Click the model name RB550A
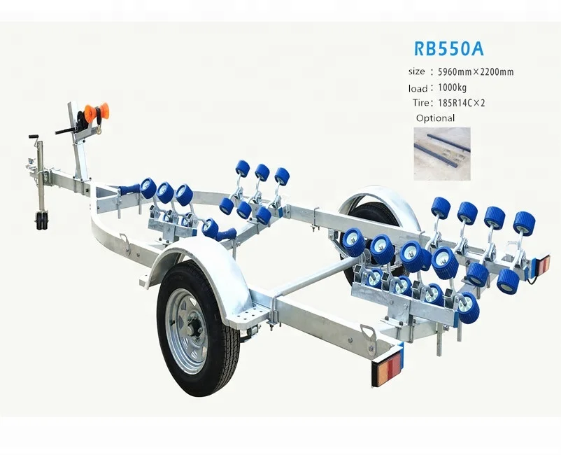pos(448,49)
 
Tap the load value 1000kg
pos(453,88)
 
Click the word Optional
pos(435,118)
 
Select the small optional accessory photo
pos(441,153)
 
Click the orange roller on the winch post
pos(94,112)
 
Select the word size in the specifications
pos(416,71)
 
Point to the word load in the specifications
pos(418,89)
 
